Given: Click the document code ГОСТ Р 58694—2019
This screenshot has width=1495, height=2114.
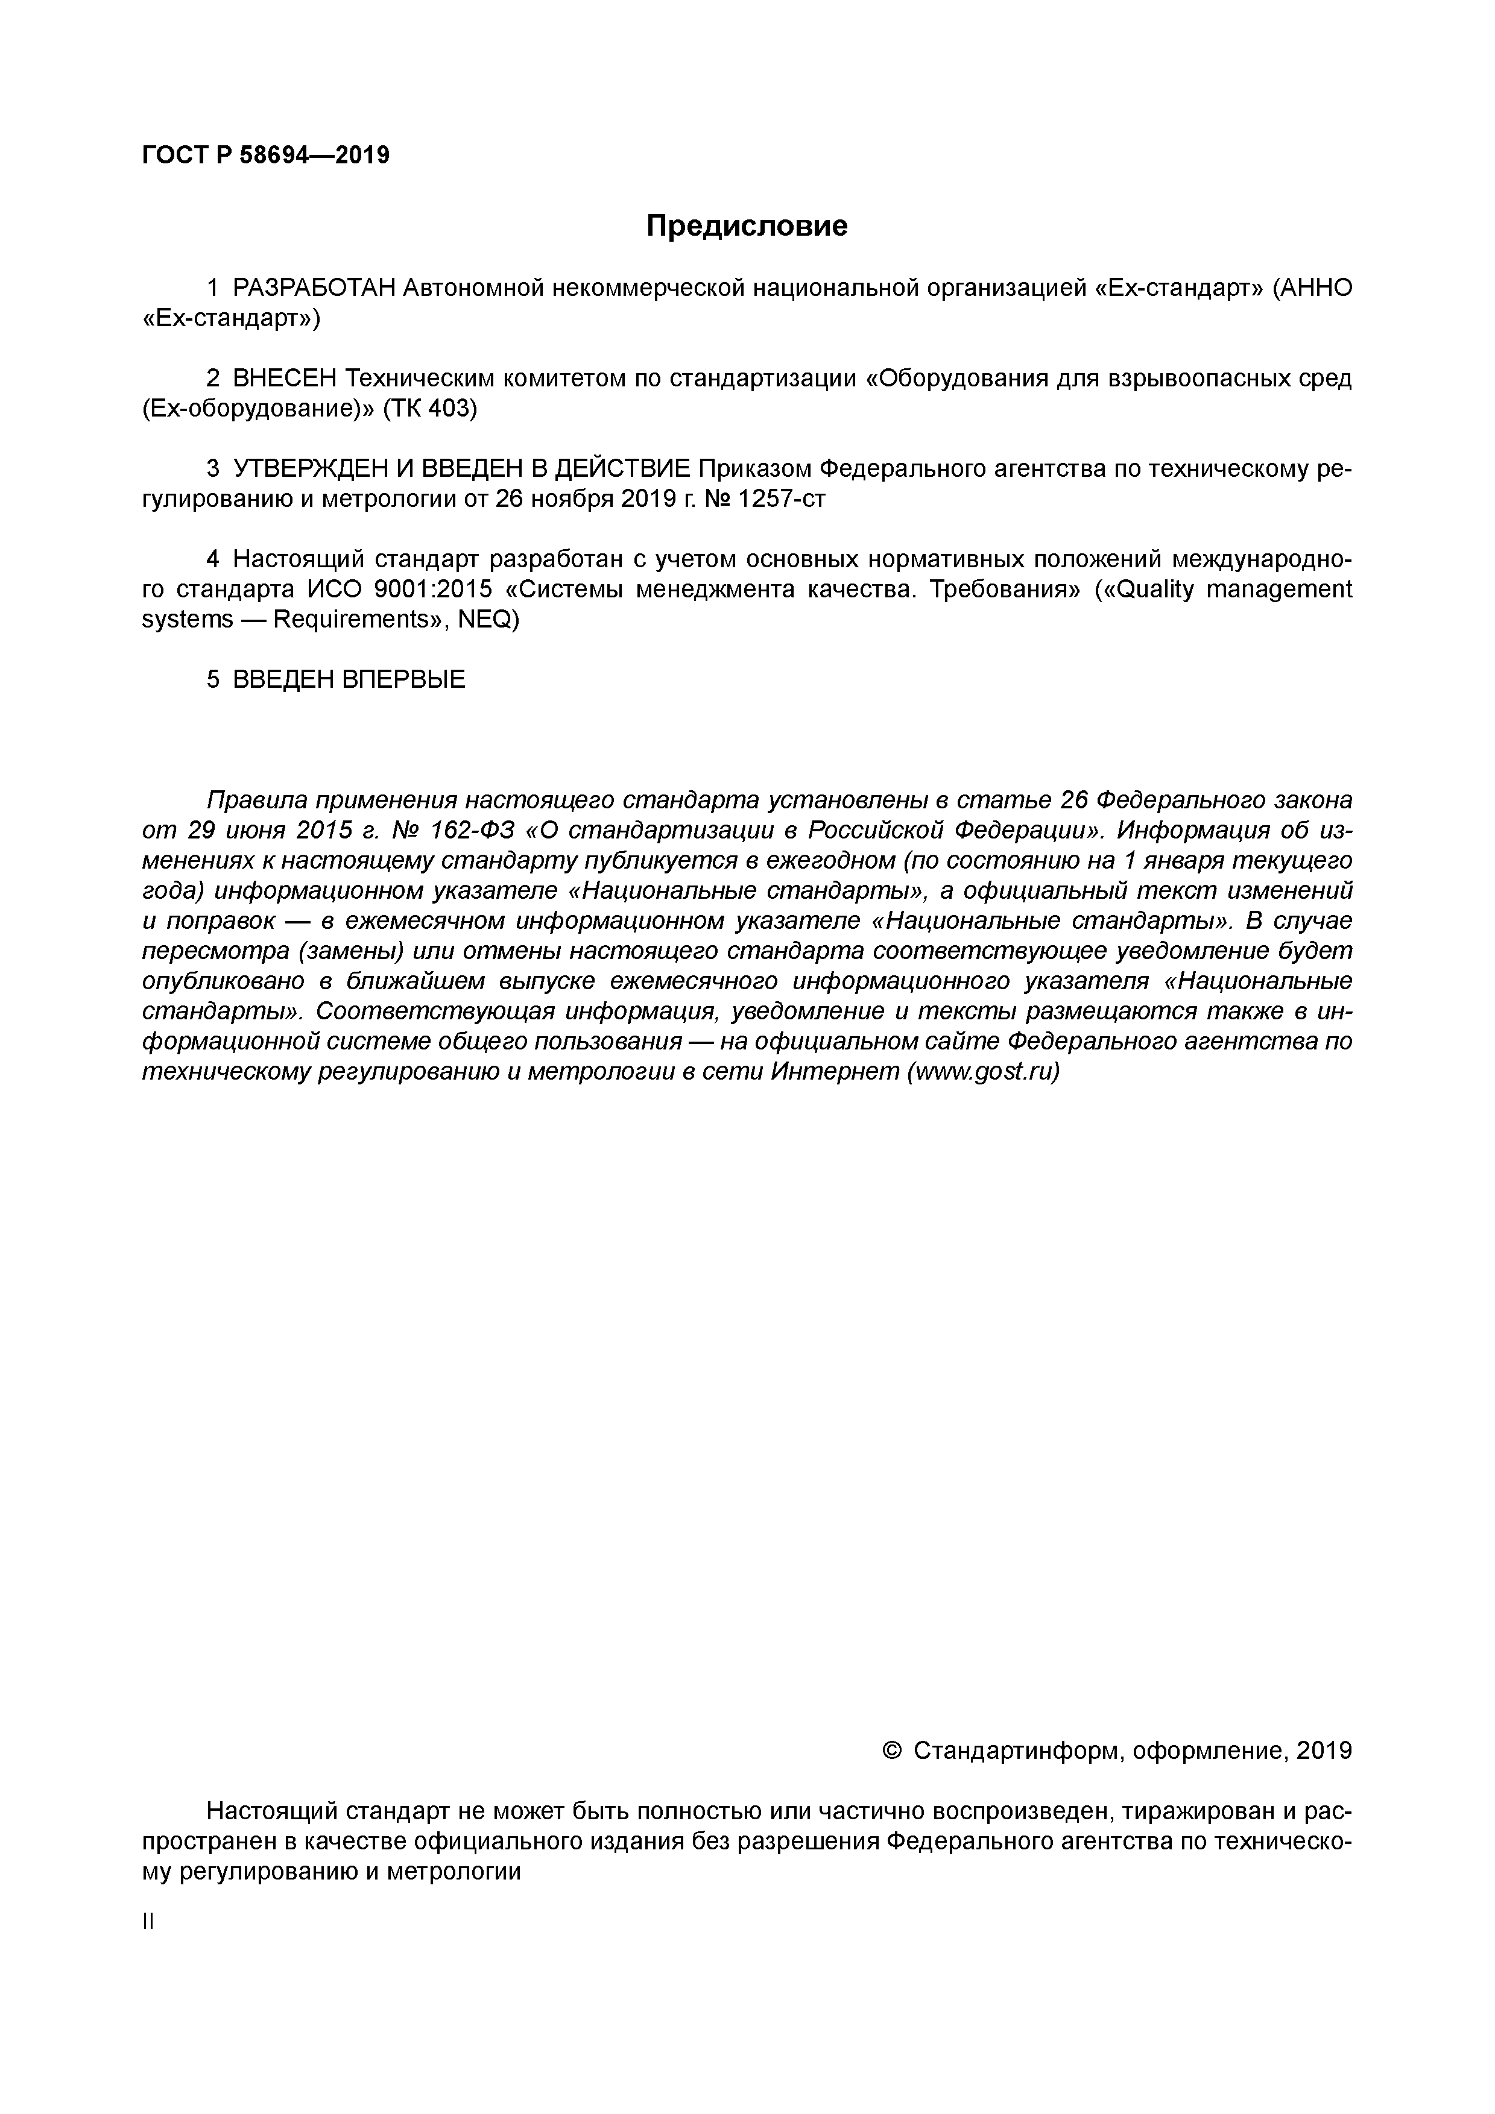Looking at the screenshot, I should coord(265,156).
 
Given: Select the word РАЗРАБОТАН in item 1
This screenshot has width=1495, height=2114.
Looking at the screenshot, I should coord(313,288).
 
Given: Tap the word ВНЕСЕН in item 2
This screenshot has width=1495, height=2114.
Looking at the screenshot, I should coord(285,379).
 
